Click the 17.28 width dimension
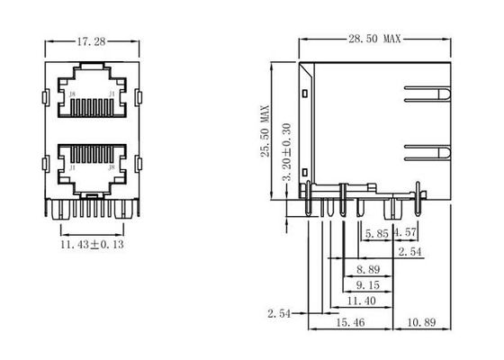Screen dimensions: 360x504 (x=87, y=41)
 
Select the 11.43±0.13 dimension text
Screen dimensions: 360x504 (x=93, y=244)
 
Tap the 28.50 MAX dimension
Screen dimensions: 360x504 (x=373, y=40)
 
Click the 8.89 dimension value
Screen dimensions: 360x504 (x=366, y=269)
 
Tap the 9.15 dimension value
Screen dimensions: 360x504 (x=366, y=284)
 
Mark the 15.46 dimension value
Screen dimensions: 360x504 (x=350, y=321)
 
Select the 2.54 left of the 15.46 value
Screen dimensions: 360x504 (x=280, y=314)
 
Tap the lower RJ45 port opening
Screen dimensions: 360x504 (x=92, y=163)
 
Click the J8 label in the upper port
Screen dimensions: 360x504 (x=72, y=92)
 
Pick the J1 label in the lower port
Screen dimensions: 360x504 (x=72, y=166)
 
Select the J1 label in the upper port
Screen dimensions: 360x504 (x=112, y=92)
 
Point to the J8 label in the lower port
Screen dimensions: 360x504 (x=112, y=166)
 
